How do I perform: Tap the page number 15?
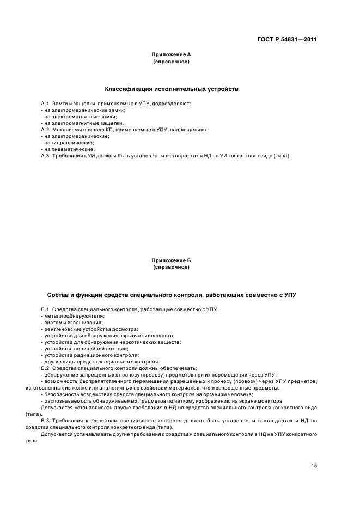coord(314,466)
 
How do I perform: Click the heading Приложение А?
coord(171,54)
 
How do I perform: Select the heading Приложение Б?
coord(171,260)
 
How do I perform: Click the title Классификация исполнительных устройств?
coord(171,89)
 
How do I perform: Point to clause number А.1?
coord(45,104)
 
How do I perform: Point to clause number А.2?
coord(45,130)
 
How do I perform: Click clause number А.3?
coord(45,156)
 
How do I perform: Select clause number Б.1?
coord(45,309)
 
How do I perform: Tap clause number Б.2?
coord(45,368)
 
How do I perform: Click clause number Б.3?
coord(45,421)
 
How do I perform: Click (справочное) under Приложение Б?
coord(171,267)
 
